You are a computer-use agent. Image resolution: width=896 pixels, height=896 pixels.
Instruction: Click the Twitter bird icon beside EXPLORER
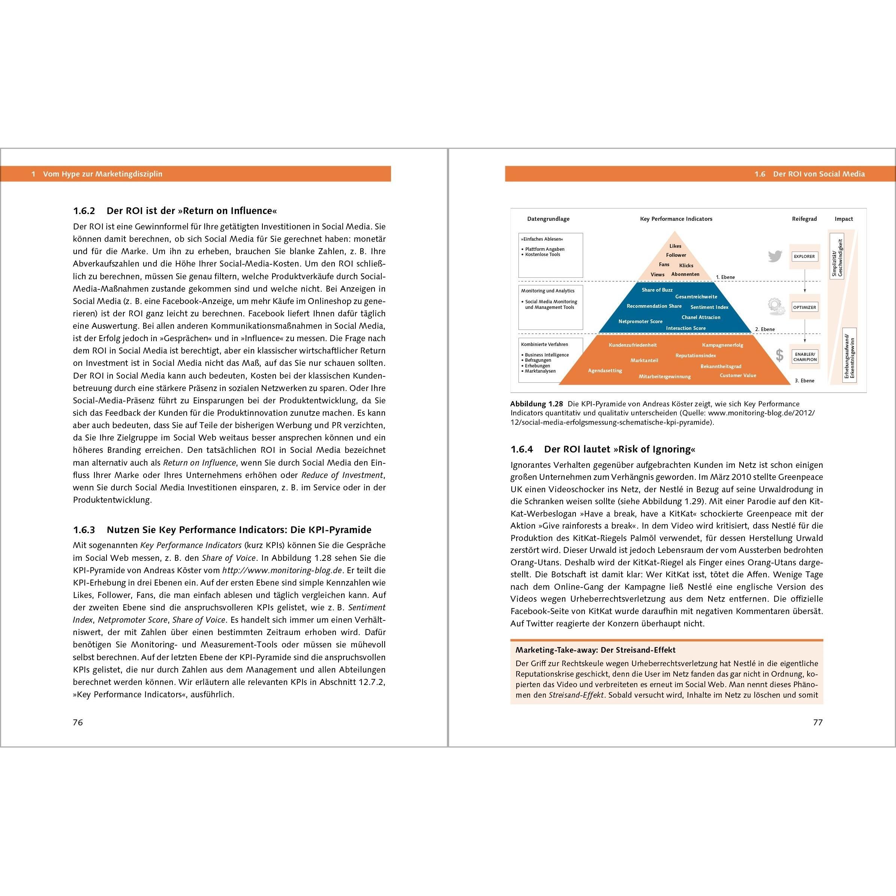775,256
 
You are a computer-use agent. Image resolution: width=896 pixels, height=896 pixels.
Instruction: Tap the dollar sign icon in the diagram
779,355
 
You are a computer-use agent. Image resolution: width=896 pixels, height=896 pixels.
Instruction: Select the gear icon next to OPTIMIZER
775,306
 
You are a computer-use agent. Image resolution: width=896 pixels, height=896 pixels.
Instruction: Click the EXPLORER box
804,256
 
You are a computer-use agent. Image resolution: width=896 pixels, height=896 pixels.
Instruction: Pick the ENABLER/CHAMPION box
805,357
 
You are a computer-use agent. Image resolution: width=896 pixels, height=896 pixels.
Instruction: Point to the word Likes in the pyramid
675,246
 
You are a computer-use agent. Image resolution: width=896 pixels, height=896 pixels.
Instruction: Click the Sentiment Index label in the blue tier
709,307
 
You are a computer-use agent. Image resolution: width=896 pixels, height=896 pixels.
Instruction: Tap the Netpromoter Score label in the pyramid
640,321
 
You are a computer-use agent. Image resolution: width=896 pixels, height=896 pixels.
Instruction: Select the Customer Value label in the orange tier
737,375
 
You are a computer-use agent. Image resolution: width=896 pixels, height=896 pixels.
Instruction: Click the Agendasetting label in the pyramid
605,370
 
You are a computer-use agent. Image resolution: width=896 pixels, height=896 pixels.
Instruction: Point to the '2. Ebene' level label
765,329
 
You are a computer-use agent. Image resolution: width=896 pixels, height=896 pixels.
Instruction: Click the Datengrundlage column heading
548,219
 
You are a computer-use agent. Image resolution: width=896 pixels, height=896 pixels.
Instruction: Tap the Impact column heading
844,219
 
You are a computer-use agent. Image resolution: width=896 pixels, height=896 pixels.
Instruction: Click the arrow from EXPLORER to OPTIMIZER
805,281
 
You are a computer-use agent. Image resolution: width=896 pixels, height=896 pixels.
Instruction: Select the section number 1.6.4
522,449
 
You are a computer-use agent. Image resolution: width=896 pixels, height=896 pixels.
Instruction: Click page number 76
78,722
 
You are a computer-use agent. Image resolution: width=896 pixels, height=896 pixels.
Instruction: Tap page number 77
818,722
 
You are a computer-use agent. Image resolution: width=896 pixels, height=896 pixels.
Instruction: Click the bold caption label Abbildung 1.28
536,404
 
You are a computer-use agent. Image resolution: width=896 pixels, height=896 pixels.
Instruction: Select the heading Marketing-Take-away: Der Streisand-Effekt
595,650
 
